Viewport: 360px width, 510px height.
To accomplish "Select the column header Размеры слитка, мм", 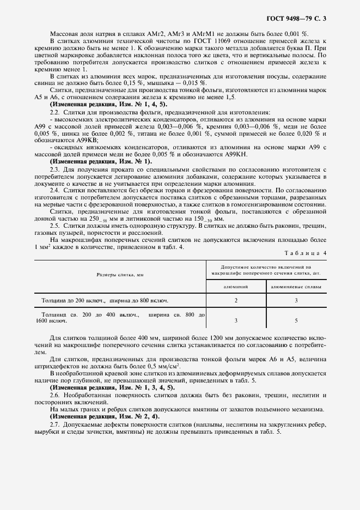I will (120, 276).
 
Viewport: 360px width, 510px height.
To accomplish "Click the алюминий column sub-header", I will (235, 286).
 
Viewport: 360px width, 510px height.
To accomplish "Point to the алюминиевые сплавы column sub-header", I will (296, 286).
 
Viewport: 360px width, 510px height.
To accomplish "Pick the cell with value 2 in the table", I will (235, 300).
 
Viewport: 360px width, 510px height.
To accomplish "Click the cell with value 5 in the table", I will (296, 321).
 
